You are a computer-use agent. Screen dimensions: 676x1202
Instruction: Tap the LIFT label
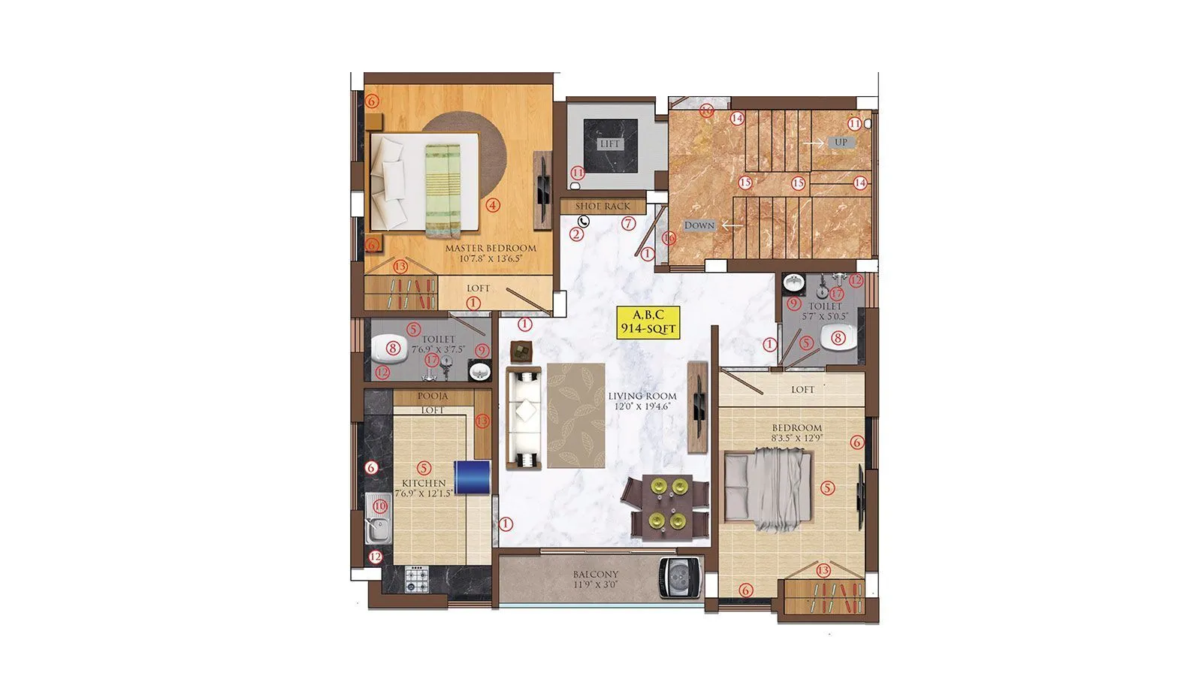click(x=609, y=143)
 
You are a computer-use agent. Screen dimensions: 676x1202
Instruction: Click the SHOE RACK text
click(x=603, y=206)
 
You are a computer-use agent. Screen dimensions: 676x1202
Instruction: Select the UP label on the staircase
click(x=841, y=142)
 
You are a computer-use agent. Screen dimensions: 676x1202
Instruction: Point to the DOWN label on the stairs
click(x=699, y=225)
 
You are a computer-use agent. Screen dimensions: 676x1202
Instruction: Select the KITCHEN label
click(x=424, y=483)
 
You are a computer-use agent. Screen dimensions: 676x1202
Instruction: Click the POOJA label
click(x=433, y=396)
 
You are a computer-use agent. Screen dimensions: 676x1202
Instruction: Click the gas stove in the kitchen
click(x=415, y=577)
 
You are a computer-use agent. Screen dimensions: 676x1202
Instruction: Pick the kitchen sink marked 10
click(x=379, y=518)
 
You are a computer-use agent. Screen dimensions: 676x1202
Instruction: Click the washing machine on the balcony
click(x=680, y=578)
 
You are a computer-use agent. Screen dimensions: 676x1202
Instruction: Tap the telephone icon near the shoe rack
click(x=584, y=221)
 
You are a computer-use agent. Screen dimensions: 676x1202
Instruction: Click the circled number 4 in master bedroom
click(x=493, y=204)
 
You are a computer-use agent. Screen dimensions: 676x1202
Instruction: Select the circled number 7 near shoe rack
click(x=629, y=223)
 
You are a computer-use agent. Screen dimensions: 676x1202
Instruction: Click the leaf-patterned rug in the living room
click(x=576, y=415)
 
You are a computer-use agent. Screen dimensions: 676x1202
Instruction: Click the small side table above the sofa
click(x=521, y=351)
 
